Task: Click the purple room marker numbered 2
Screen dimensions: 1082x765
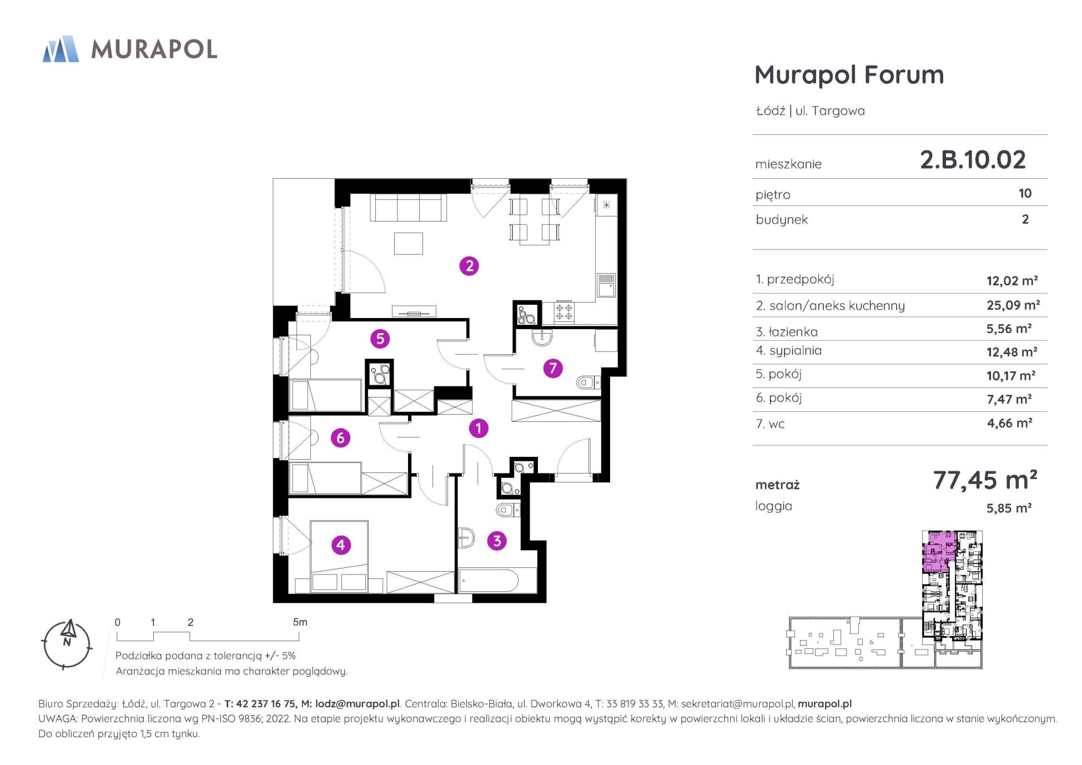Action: (x=469, y=266)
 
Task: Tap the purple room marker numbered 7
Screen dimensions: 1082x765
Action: (x=552, y=368)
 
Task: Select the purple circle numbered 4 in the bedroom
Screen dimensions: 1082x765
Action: (x=340, y=545)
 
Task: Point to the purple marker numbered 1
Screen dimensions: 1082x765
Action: (x=478, y=428)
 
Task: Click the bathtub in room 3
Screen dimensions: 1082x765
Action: (x=489, y=581)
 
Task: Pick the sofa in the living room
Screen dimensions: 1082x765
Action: (x=409, y=208)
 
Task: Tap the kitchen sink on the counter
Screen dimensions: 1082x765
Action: (x=606, y=286)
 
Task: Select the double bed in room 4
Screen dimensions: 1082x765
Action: (x=339, y=556)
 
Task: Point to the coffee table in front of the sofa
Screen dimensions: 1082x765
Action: (x=409, y=243)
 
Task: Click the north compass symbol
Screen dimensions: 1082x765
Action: (x=67, y=644)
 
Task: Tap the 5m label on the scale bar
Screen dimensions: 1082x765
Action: (x=300, y=622)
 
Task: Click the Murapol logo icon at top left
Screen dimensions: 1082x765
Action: (x=61, y=49)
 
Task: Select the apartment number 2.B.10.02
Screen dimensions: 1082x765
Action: (x=973, y=160)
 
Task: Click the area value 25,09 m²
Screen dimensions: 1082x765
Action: (x=1013, y=305)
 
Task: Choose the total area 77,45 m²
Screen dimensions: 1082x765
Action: (x=985, y=480)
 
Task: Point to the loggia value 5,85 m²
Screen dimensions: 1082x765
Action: (x=1009, y=508)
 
